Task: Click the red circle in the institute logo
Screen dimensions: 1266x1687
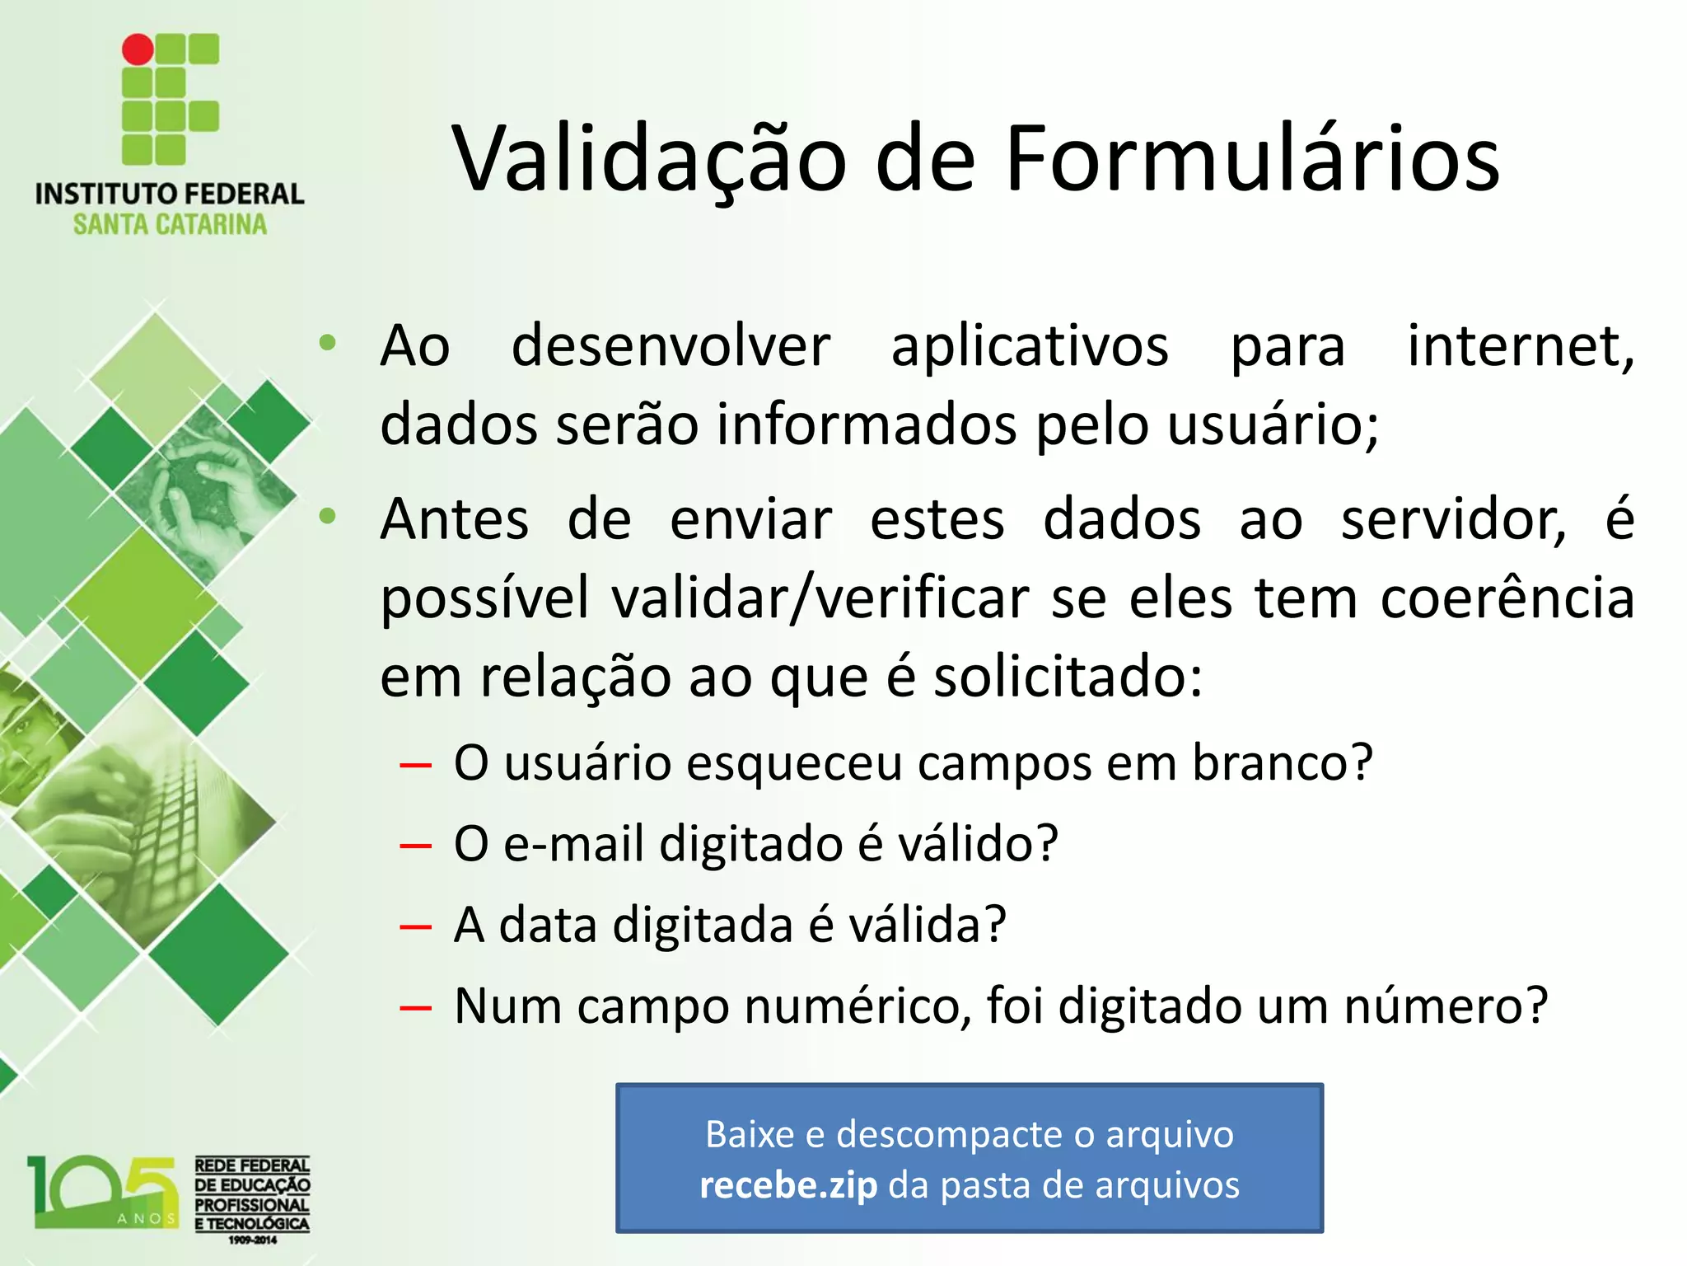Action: pyautogui.click(x=138, y=49)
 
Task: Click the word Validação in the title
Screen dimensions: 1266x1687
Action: pyautogui.click(x=649, y=159)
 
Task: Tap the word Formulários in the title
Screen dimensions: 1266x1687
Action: pyautogui.click(x=1252, y=159)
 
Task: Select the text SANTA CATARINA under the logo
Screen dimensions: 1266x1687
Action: pyautogui.click(x=170, y=224)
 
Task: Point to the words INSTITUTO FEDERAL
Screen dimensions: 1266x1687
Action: pyautogui.click(x=170, y=195)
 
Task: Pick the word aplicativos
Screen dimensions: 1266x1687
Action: pyautogui.click(x=1030, y=346)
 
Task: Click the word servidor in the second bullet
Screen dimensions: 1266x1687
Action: pyautogui.click(x=1454, y=520)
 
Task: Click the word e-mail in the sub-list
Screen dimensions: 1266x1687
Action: pyautogui.click(x=573, y=844)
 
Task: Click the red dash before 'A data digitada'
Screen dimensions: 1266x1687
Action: pyautogui.click(x=415, y=926)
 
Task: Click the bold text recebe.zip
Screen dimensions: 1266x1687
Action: pyautogui.click(x=788, y=1186)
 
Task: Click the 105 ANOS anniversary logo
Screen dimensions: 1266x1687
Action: pyautogui.click(x=103, y=1193)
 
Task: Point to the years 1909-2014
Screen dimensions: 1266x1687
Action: pyautogui.click(x=253, y=1240)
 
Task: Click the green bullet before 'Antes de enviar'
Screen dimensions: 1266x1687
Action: pyautogui.click(x=328, y=517)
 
